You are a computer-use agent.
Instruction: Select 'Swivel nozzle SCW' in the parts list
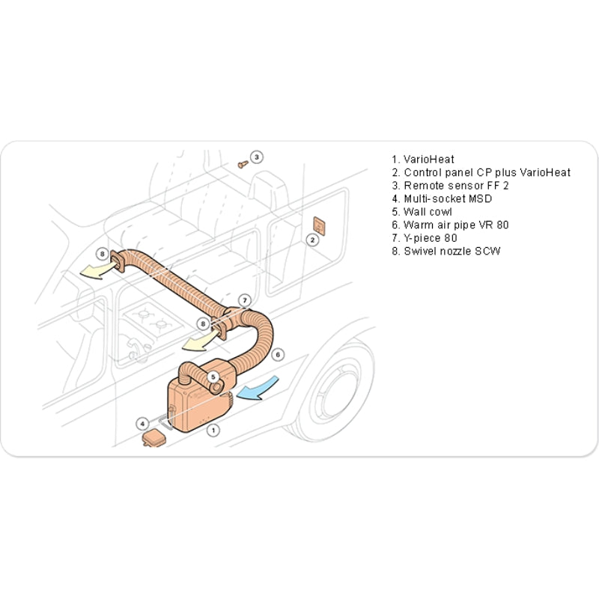pos(446,251)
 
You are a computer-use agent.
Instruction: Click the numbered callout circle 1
pos(213,430)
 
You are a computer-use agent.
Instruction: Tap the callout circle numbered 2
pos(312,240)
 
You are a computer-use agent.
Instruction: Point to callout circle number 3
pos(256,157)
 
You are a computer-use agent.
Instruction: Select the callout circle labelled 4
pos(143,423)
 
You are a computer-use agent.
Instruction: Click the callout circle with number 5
pos(213,377)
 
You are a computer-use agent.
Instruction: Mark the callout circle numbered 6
pos(277,354)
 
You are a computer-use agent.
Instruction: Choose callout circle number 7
pos(244,300)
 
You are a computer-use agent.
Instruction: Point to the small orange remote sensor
pos(242,163)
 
